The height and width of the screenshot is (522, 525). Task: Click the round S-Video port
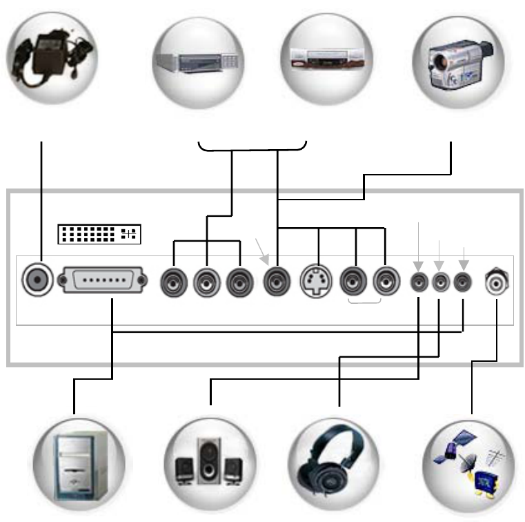click(318, 282)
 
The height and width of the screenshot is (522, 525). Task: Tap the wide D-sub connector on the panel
click(103, 281)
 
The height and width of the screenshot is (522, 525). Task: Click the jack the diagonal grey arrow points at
click(277, 282)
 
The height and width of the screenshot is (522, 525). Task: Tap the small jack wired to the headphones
click(440, 282)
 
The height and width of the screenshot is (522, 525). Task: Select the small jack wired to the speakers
click(419, 282)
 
